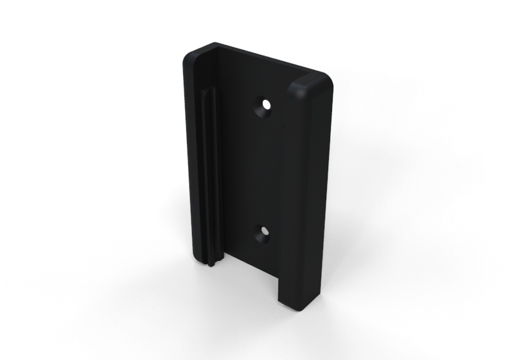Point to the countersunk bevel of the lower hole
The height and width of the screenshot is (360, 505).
point(261,238)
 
